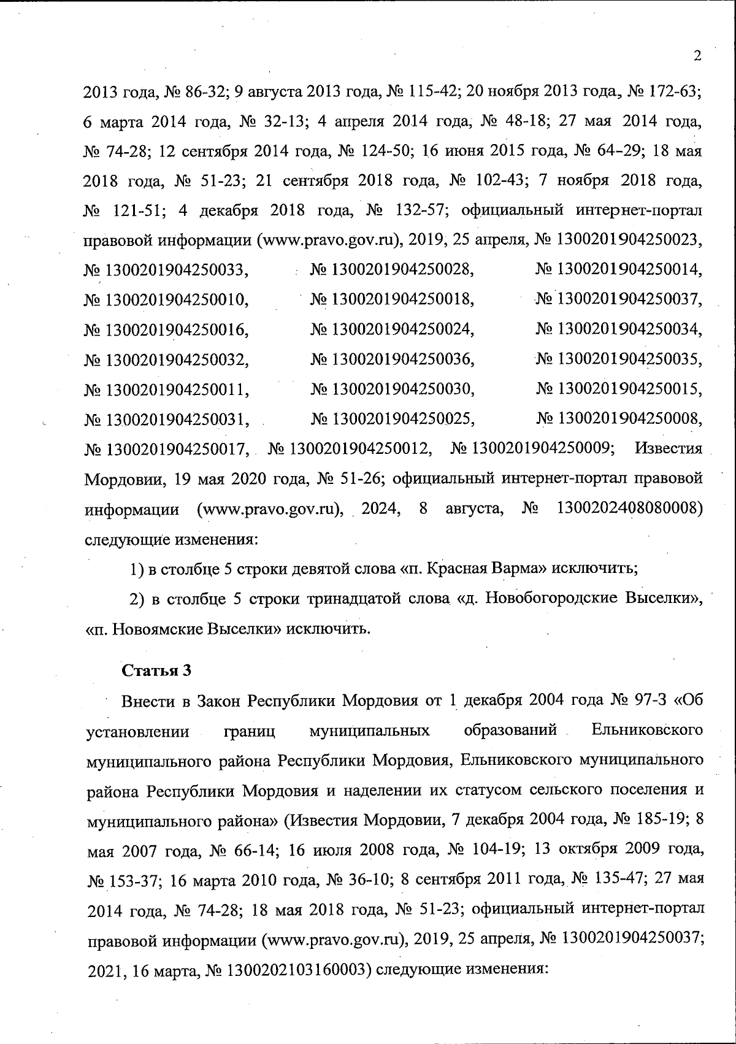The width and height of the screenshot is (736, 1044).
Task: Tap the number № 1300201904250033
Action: [166, 269]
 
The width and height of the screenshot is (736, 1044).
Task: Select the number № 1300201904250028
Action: [393, 269]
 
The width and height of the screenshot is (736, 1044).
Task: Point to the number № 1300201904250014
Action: [619, 269]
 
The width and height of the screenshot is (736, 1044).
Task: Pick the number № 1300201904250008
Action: [619, 419]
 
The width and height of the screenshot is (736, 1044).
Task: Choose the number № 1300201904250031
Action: [166, 420]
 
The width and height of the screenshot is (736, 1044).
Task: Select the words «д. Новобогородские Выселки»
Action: [583, 599]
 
